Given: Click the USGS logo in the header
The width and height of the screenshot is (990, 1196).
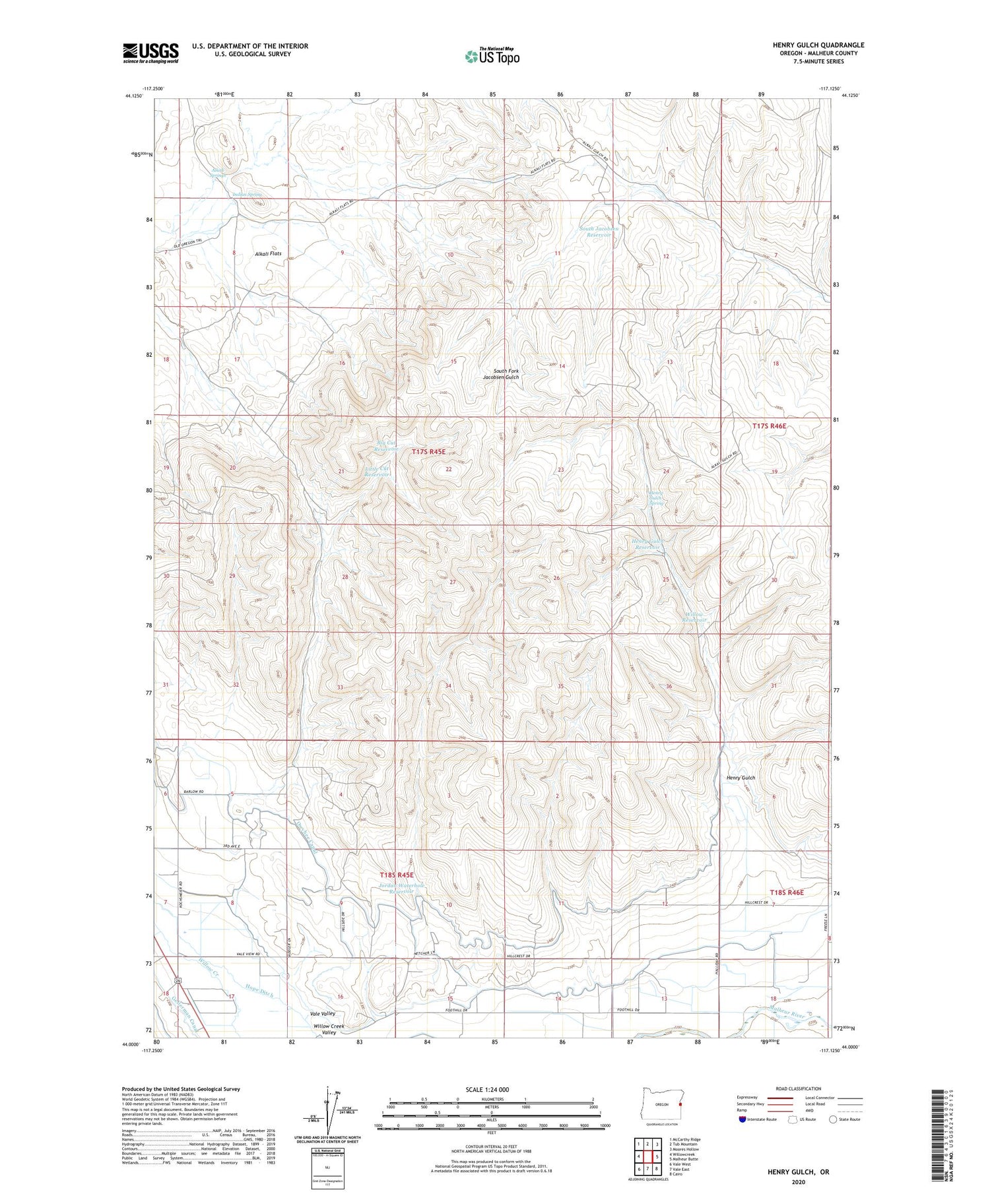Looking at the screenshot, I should pyautogui.click(x=150, y=53).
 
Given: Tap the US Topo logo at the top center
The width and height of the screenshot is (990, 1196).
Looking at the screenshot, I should pyautogui.click(x=492, y=56).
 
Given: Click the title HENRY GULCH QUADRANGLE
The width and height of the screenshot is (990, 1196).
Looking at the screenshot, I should pyautogui.click(x=818, y=45).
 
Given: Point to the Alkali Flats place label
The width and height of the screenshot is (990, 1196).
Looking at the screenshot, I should pyautogui.click(x=268, y=253).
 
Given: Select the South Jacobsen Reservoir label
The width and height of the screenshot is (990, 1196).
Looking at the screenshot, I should pyautogui.click(x=599, y=232).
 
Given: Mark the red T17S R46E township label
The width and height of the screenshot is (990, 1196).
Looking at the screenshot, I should pyautogui.click(x=770, y=426).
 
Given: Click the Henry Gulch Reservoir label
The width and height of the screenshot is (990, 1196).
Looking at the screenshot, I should pyautogui.click(x=646, y=544).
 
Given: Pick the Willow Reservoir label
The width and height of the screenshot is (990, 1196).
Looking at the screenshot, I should pyautogui.click(x=694, y=617).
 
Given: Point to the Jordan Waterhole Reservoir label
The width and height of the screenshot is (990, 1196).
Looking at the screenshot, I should pyautogui.click(x=401, y=888).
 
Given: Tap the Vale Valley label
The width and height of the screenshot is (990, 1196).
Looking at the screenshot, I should pyautogui.click(x=323, y=1013).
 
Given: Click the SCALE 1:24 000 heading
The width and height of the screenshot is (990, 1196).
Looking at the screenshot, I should pyautogui.click(x=492, y=1089).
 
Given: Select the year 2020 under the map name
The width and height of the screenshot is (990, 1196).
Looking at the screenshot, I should pyautogui.click(x=797, y=1181).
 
